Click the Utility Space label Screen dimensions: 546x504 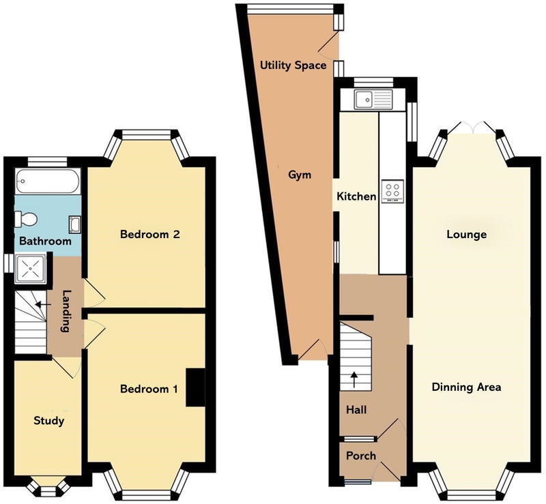click(x=293, y=65)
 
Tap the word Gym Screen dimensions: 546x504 click(x=300, y=175)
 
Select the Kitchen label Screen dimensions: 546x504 click(x=356, y=196)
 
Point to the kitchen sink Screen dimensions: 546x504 click(x=373, y=99)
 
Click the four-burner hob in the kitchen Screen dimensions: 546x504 click(x=393, y=191)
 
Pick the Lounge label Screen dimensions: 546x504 click(x=467, y=235)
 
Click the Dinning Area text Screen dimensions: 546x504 click(x=466, y=387)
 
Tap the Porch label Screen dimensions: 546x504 click(x=361, y=456)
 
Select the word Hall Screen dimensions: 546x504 click(x=356, y=410)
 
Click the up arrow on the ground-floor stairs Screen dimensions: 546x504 click(x=354, y=380)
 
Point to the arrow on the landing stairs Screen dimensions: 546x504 click(x=43, y=305)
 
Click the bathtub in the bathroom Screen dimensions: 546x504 click(x=48, y=181)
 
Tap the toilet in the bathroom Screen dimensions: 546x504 click(x=25, y=220)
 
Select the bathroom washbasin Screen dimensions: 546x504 click(x=74, y=224)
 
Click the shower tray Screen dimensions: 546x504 click(x=31, y=269)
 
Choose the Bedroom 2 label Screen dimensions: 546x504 click(x=150, y=234)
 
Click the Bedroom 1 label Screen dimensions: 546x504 click(x=149, y=389)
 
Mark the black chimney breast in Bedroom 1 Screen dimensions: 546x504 click(x=195, y=387)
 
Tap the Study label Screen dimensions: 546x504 click(x=48, y=421)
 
